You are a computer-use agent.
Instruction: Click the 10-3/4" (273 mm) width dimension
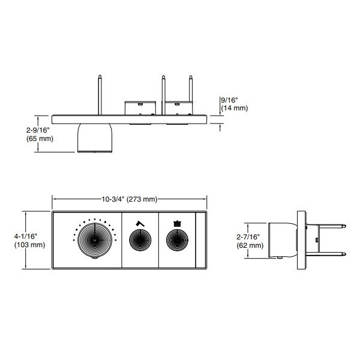tap(130, 199)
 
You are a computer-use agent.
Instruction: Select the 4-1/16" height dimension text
tap(26, 236)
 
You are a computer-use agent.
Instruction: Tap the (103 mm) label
tap(29, 245)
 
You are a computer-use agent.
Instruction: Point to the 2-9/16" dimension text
tap(38, 130)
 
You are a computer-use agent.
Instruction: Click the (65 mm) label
tap(40, 139)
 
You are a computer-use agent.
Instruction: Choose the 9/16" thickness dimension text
tap(229, 100)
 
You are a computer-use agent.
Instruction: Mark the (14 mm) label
tap(235, 108)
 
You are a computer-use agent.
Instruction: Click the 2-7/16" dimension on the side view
tap(248, 237)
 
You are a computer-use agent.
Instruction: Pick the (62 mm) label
tap(250, 245)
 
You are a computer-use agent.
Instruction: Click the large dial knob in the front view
tap(95, 240)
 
